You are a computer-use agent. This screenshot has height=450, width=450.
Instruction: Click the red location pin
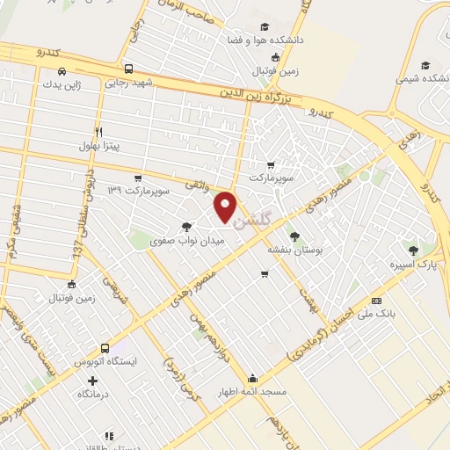(226, 206)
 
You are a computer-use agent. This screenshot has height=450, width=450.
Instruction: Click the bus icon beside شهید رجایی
(129, 69)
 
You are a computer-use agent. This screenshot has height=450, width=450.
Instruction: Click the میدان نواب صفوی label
(187, 239)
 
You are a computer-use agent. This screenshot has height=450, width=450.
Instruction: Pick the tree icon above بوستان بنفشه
(294, 236)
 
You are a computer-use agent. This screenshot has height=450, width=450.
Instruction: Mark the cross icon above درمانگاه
(92, 381)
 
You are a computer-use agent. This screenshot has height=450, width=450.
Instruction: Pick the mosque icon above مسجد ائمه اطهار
(252, 379)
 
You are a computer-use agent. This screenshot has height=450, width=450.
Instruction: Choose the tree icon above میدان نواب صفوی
(186, 226)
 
